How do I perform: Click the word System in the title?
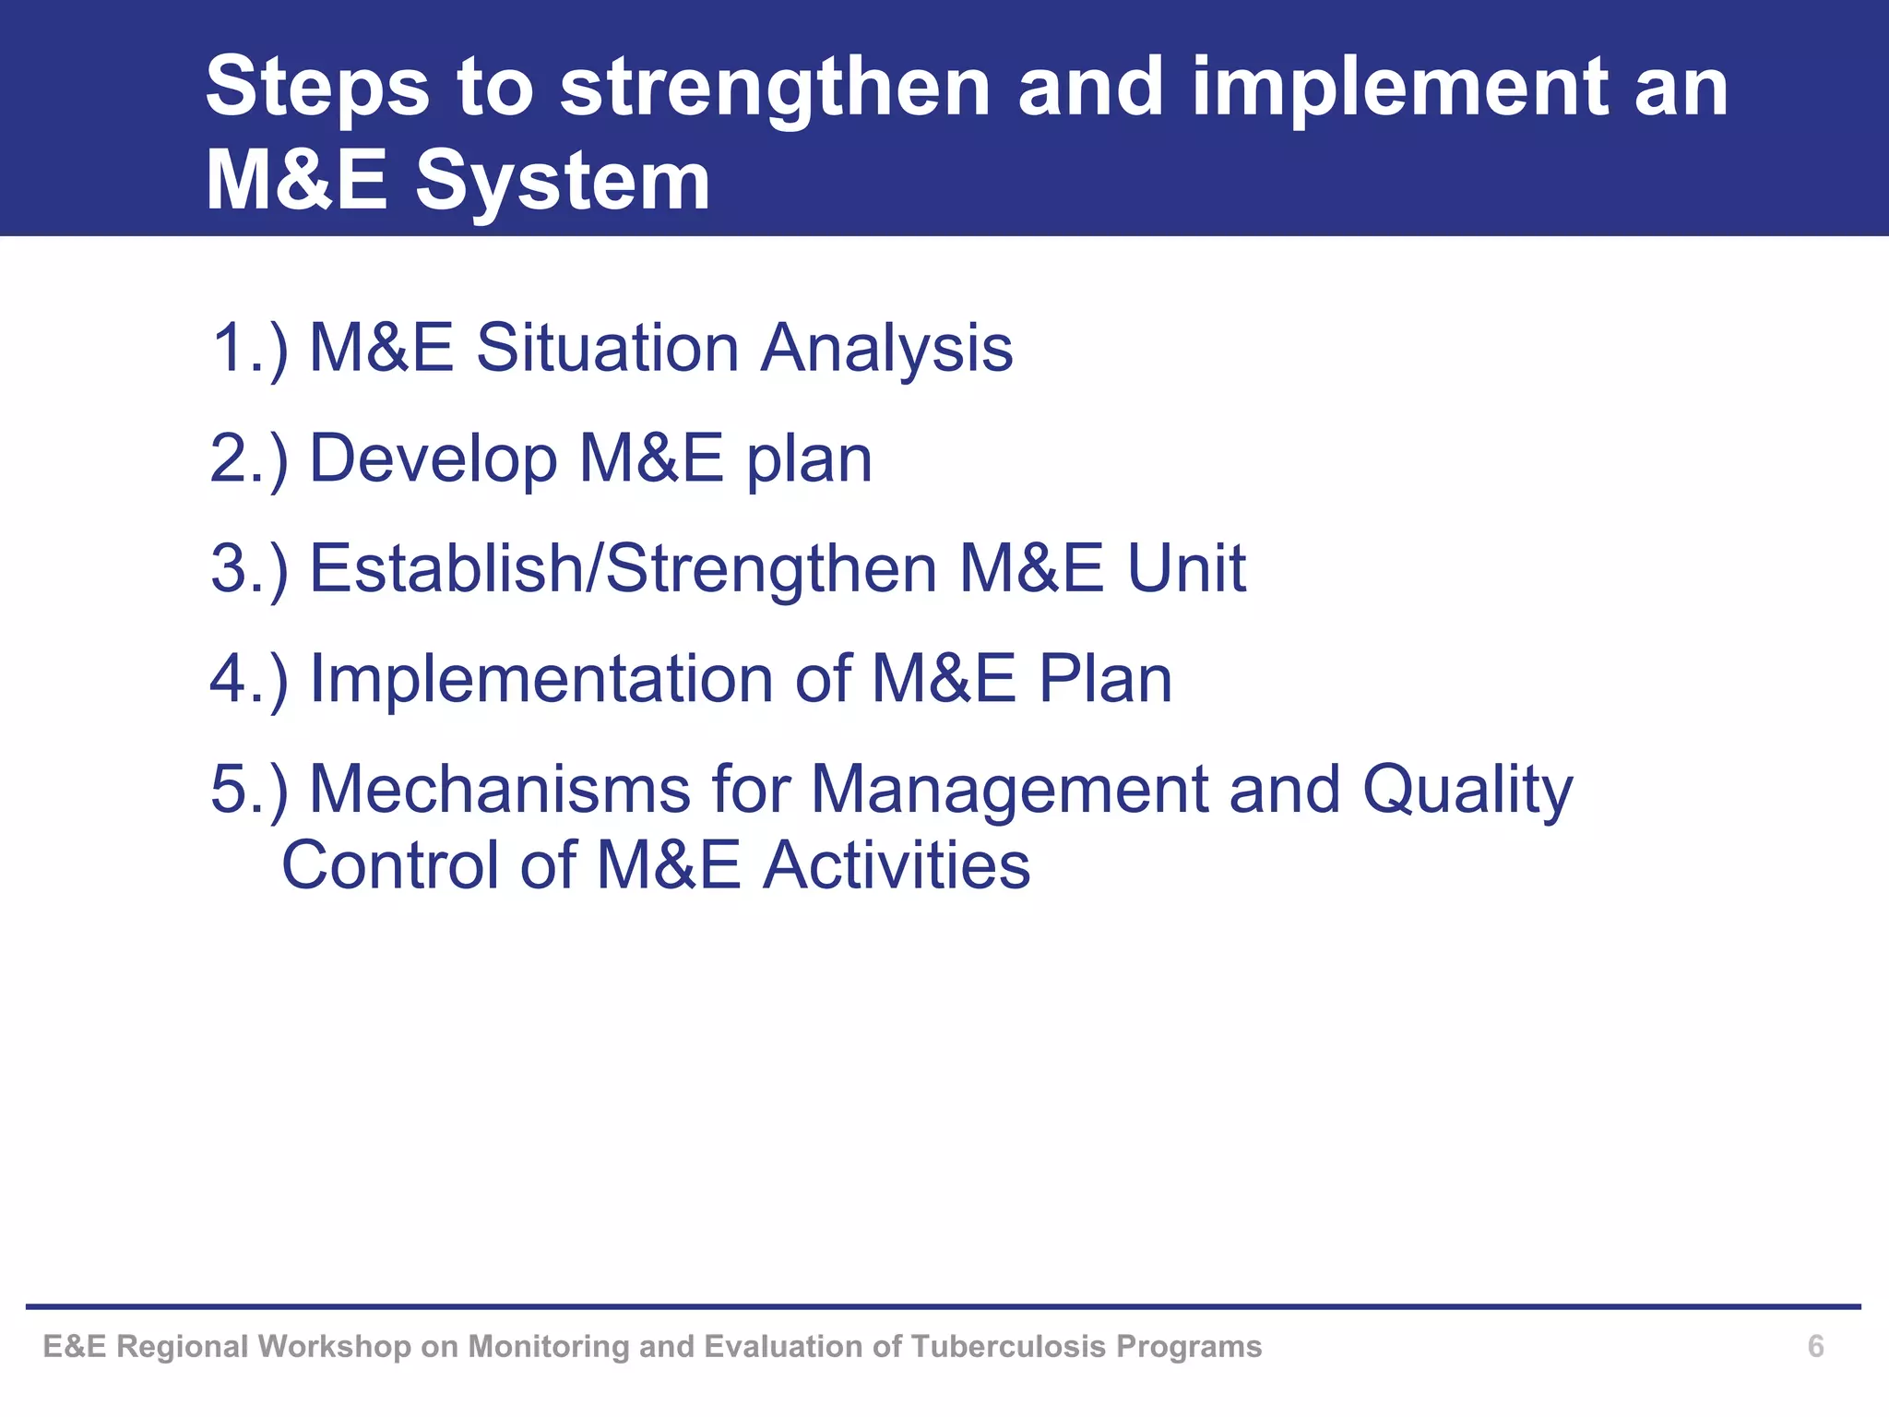pyautogui.click(x=563, y=181)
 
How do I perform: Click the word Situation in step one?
pyautogui.click(x=607, y=349)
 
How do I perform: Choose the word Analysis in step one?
pyautogui.click(x=886, y=349)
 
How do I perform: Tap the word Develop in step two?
pyautogui.click(x=434, y=458)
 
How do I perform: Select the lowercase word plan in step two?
pyautogui.click(x=809, y=458)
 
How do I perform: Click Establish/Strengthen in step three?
pyautogui.click(x=623, y=568)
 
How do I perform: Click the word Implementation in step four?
pyautogui.click(x=541, y=679)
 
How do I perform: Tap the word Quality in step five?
pyautogui.click(x=1467, y=790)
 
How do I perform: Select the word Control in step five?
pyautogui.click(x=389, y=865)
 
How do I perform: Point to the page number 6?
pyautogui.click(x=1815, y=1346)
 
